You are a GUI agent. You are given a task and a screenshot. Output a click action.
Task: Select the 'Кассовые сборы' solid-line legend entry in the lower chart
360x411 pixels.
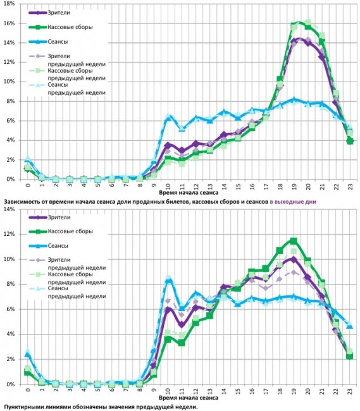[70, 231]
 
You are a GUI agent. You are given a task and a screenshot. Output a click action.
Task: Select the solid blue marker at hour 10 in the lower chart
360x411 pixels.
[168, 280]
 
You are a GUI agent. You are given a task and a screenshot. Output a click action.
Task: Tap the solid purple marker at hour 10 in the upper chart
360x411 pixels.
[168, 145]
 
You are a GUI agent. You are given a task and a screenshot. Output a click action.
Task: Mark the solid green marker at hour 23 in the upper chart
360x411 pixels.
[350, 141]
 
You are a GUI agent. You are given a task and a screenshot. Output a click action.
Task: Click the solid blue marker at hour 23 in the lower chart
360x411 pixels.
[350, 326]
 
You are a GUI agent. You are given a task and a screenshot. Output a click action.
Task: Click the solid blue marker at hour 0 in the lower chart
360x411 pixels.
[28, 354]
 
